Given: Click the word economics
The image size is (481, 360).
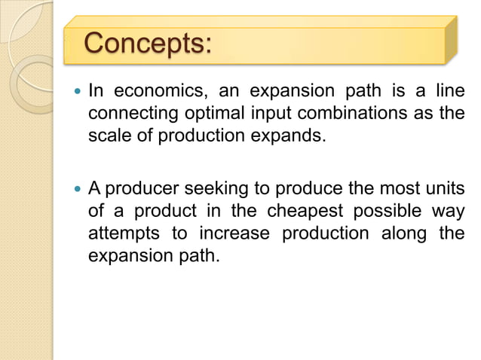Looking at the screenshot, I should click(158, 93).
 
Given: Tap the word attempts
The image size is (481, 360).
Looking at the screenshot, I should click(121, 233).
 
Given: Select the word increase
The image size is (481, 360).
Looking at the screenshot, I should click(233, 233).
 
